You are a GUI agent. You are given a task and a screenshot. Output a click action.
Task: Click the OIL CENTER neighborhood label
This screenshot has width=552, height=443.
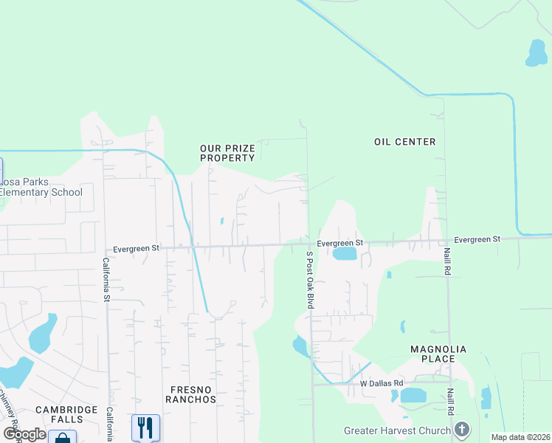404,142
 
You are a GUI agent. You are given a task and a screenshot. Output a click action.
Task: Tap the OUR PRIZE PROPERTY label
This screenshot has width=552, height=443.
227,153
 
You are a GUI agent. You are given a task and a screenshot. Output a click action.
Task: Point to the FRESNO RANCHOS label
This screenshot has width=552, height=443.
192,394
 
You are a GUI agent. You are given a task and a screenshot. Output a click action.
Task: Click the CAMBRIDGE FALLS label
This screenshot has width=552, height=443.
66,414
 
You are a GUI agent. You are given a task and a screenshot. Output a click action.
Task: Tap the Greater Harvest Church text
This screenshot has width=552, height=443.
397,430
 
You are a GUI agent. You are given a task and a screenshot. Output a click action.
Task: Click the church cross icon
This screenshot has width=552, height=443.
461,429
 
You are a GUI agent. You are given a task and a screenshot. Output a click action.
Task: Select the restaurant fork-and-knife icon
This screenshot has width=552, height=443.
145,426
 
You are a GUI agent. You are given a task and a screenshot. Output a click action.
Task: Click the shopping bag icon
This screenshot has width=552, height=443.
62,439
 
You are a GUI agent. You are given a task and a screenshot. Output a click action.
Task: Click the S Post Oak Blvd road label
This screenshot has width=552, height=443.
311,280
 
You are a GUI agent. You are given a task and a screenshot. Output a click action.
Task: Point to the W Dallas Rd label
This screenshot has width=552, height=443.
382,383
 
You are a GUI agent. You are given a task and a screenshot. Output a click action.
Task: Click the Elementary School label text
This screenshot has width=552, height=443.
41,193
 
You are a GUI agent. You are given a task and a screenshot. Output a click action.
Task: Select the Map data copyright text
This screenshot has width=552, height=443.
520,437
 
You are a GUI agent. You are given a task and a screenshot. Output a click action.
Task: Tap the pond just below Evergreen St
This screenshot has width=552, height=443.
345,255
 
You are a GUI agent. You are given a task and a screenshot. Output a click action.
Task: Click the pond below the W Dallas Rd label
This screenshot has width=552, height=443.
413,396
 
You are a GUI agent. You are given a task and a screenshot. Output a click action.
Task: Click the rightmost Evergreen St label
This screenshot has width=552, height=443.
477,239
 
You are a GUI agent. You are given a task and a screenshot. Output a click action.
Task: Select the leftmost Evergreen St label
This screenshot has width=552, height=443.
136,249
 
